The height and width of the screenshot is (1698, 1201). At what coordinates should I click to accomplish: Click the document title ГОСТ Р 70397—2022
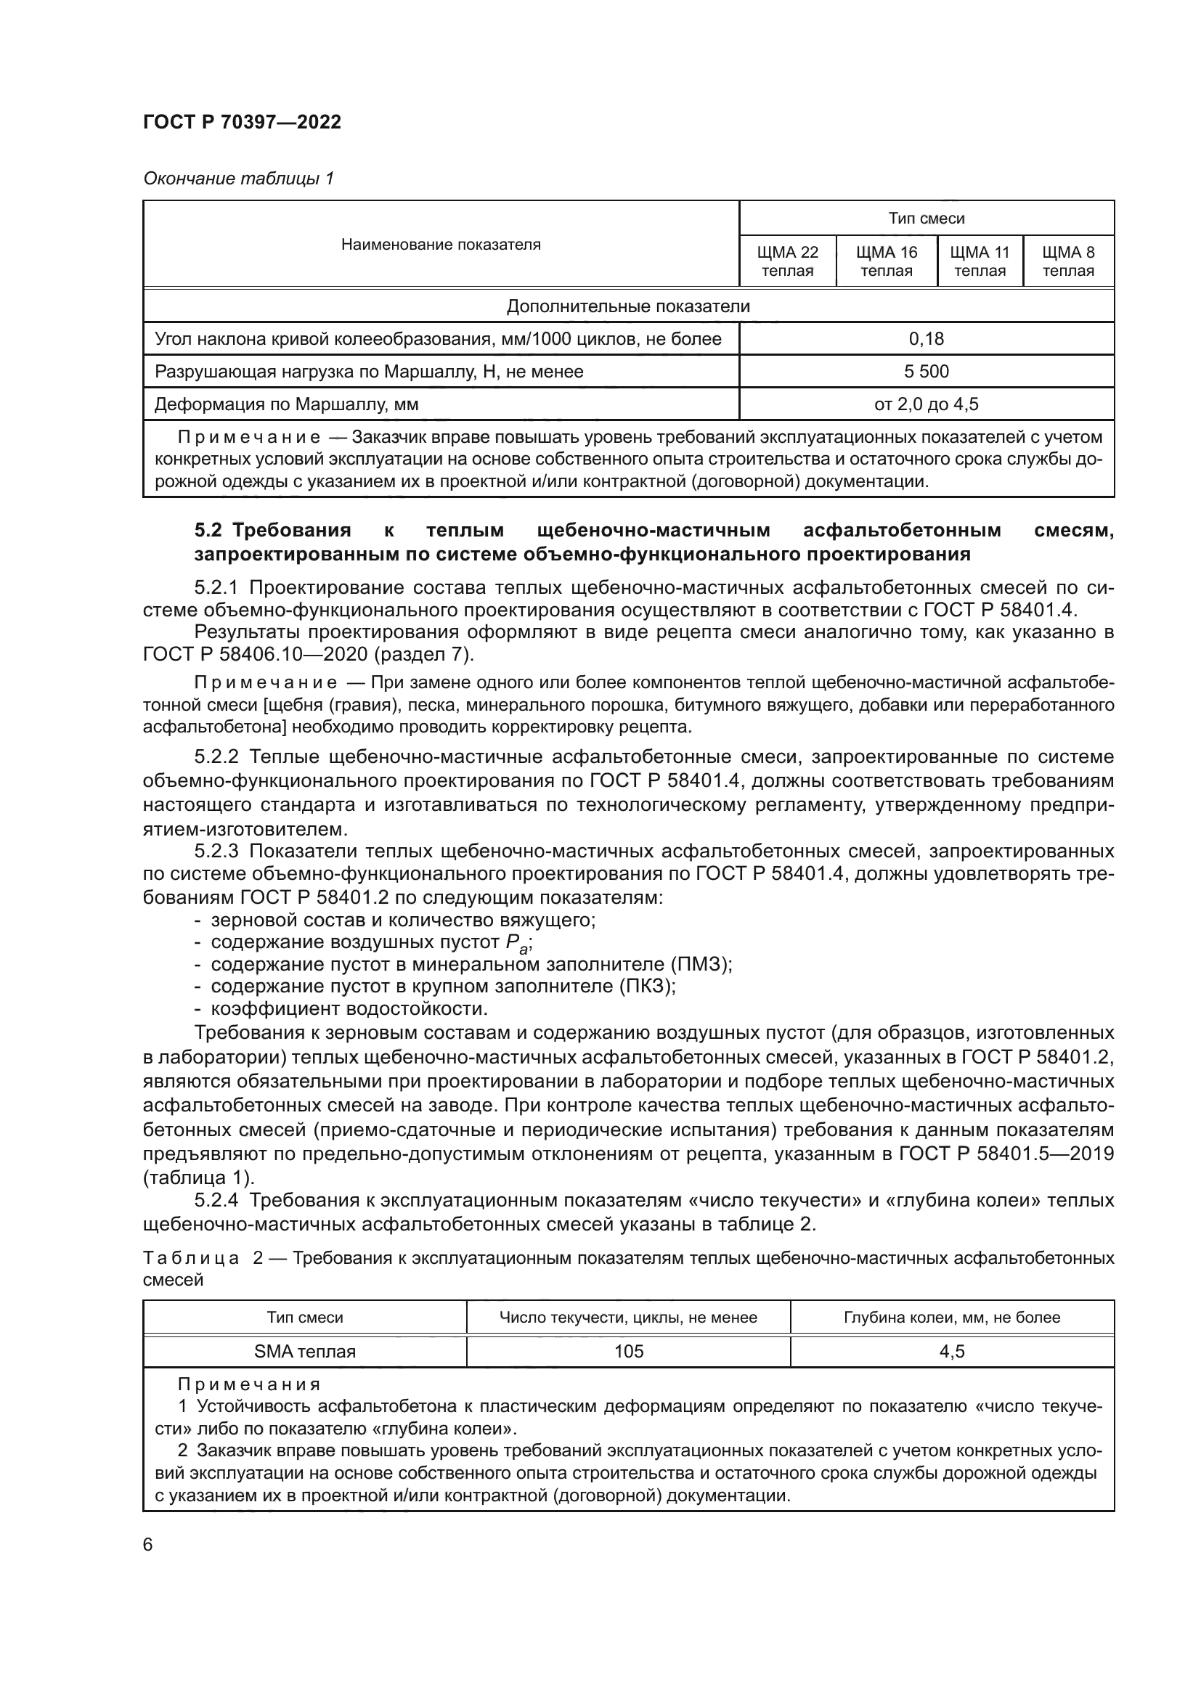(242, 123)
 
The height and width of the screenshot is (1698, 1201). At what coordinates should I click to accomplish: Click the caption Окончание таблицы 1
(238, 179)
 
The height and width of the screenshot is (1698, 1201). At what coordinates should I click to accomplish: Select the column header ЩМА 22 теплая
(788, 261)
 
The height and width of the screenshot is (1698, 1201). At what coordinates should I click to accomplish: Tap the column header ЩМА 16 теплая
(886, 261)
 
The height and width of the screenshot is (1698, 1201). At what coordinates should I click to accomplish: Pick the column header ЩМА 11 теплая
(980, 261)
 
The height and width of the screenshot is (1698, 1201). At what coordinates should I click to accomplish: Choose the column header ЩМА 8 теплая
(1068, 261)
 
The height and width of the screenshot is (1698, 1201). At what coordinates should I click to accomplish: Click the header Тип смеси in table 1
(926, 219)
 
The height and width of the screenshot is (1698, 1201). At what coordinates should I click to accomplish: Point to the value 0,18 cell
(926, 339)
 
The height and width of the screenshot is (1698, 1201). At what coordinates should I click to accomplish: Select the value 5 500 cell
(926, 371)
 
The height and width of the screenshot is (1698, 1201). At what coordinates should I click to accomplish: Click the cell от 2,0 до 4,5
(926, 404)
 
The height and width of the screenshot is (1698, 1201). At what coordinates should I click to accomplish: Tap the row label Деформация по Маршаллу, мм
(286, 404)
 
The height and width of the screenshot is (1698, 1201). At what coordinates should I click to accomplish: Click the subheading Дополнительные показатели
(628, 306)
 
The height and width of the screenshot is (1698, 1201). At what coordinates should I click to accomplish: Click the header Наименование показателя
(441, 244)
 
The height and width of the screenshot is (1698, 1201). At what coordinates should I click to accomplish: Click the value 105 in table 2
(629, 1351)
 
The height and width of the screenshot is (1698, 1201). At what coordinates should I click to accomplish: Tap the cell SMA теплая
(305, 1351)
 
